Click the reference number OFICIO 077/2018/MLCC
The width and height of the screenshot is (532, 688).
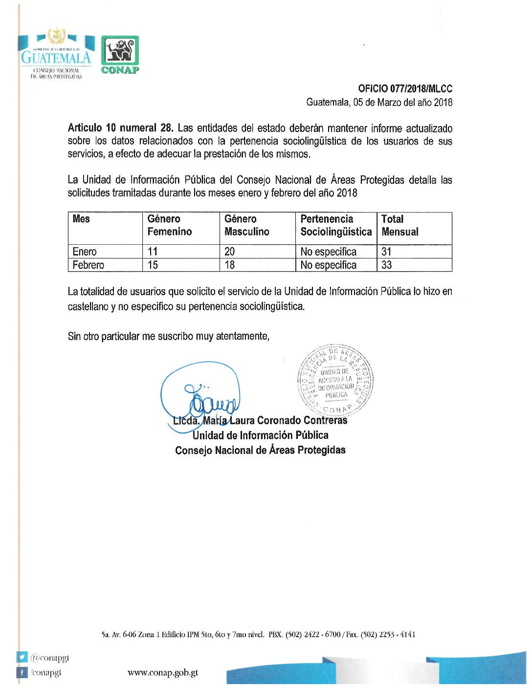405,89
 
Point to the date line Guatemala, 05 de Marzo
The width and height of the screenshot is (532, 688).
379,103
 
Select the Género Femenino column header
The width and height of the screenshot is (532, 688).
169,225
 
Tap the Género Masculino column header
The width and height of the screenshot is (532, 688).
246,225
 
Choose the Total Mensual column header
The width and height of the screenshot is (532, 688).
399,225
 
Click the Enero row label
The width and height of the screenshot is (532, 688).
85,252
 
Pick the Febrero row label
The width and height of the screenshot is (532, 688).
88,265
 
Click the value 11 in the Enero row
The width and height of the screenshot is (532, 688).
153,252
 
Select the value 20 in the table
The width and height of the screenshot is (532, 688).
229,252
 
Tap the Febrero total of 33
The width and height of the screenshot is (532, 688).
386,265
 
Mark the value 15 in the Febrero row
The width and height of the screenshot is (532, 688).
153,265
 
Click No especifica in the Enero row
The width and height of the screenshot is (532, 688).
328,252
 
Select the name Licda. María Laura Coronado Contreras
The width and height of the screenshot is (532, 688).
260,420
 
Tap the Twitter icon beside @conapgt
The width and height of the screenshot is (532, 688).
22,657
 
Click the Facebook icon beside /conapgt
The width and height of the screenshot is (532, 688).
22,672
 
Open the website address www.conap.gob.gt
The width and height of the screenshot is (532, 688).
163,673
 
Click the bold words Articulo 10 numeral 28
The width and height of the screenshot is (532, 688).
120,129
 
